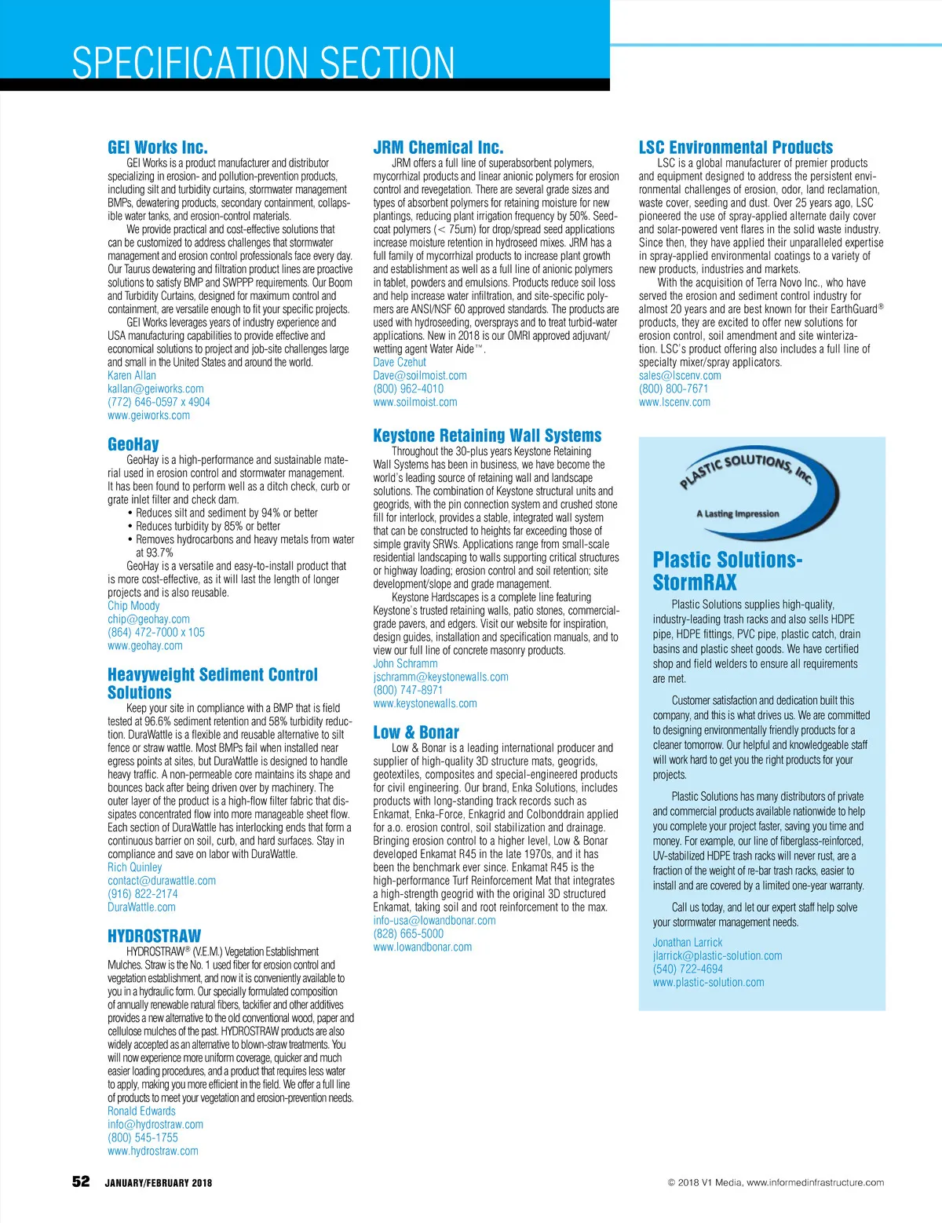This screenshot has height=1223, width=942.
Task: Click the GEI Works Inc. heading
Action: click(158, 148)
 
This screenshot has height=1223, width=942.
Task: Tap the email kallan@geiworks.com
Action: click(155, 389)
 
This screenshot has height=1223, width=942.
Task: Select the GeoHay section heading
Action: click(133, 444)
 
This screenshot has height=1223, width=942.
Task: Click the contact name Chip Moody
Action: click(133, 606)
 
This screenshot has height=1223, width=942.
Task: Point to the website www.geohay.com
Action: click(145, 646)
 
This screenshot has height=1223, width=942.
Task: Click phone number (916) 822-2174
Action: click(143, 894)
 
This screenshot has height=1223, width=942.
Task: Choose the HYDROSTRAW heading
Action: click(155, 936)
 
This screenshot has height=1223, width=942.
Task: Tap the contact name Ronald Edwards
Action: click(141, 1112)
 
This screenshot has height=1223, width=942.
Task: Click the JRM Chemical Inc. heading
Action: click(438, 148)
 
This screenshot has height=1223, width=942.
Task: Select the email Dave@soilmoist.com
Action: click(420, 376)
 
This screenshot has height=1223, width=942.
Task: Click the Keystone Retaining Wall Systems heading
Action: click(487, 436)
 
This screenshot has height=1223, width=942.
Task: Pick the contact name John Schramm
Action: click(405, 664)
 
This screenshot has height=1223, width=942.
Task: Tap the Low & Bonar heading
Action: click(416, 732)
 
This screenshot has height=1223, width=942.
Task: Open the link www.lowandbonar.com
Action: click(422, 947)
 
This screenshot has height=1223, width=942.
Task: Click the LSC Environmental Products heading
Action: click(736, 148)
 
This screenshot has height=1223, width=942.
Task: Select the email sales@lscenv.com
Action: click(680, 376)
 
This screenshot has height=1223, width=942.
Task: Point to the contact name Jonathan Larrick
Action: click(688, 943)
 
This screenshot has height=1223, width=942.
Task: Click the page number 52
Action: click(81, 1182)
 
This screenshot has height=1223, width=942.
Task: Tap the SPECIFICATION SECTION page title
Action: click(263, 63)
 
